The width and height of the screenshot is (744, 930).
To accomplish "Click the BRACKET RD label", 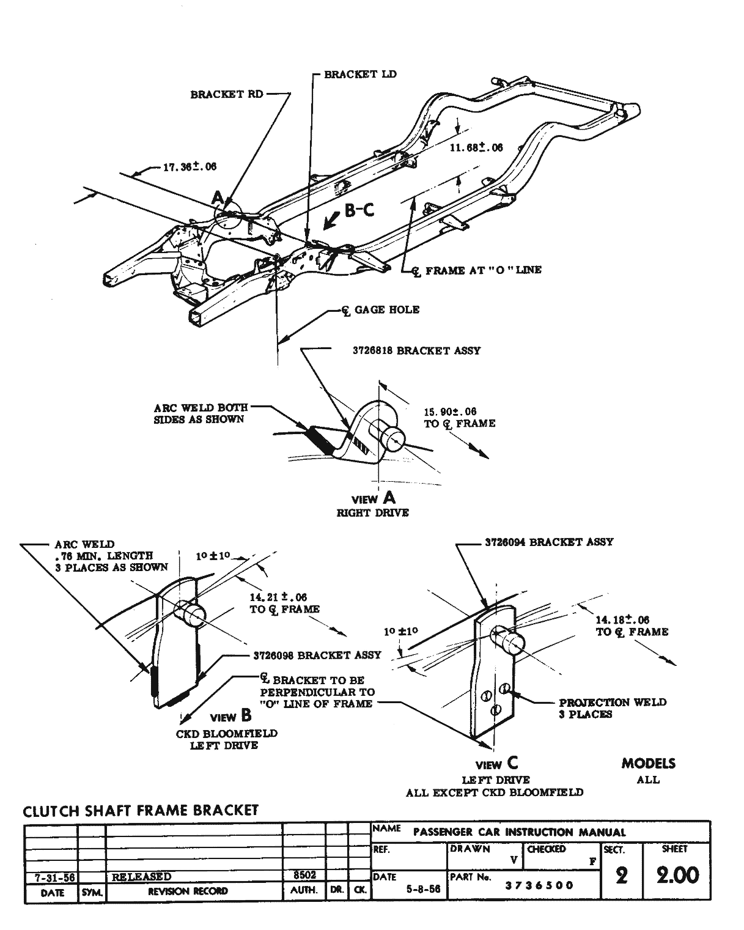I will point(227,95).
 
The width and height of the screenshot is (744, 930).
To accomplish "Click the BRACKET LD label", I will point(360,75).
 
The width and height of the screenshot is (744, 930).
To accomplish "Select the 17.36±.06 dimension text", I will point(190,166).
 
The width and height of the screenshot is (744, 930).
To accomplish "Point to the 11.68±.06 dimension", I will point(476,147).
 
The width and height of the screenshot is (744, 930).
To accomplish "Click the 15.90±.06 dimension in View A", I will point(449,411).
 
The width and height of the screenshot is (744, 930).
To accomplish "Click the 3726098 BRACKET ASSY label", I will point(317,655).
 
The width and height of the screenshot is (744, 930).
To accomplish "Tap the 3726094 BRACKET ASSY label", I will point(548,542).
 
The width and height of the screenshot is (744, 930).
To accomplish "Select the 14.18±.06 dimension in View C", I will point(622,620).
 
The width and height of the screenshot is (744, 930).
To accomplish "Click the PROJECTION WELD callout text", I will point(612,703).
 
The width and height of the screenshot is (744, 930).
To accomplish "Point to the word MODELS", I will point(648,764).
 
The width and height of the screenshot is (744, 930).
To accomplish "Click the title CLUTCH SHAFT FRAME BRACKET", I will point(141,811).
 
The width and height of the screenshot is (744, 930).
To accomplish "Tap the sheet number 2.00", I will point(677,876).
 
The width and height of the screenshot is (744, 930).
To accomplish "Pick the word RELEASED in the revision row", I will point(141,877).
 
